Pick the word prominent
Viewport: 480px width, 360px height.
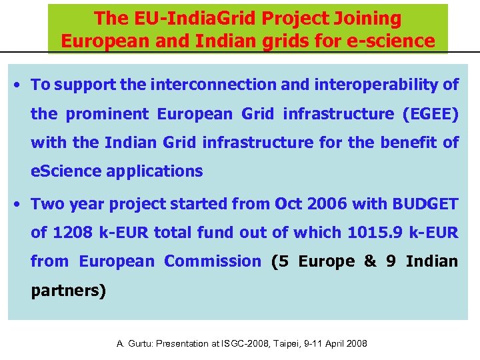(x=107, y=114)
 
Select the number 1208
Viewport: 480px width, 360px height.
(x=72, y=233)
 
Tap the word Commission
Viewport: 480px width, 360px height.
(x=213, y=261)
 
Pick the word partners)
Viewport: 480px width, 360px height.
(x=69, y=291)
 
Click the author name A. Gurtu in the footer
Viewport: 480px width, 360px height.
(x=135, y=344)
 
